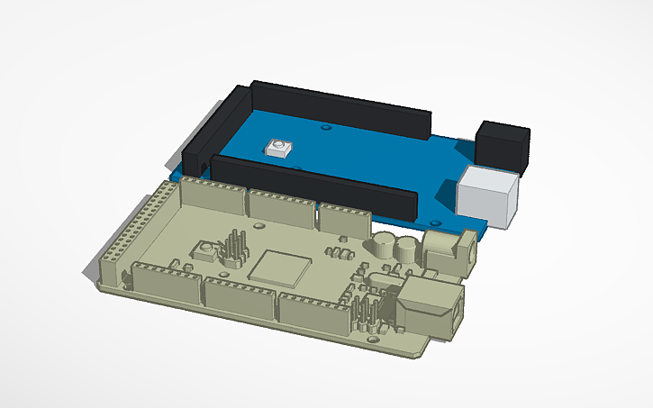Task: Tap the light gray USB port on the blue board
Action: click(490, 195)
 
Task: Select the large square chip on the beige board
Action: click(279, 268)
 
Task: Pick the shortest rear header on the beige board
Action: click(345, 220)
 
